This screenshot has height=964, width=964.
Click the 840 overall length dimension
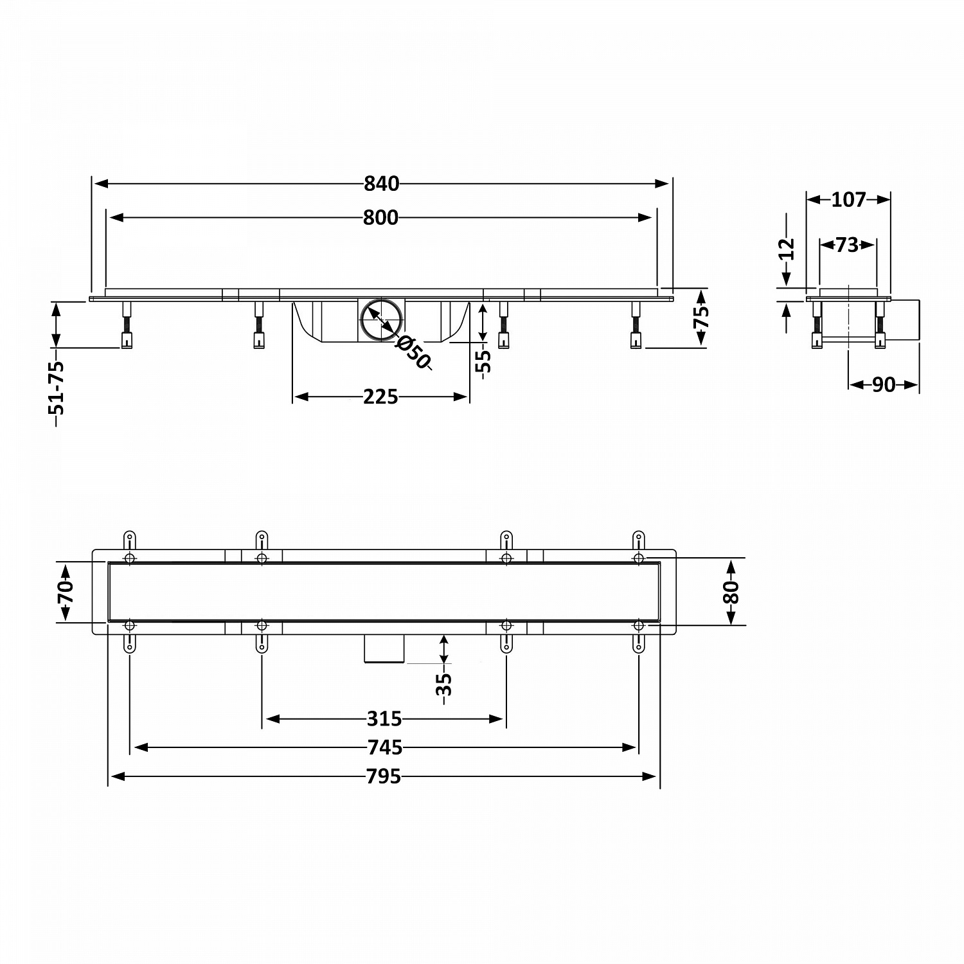382,184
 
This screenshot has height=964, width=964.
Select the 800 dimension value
380,218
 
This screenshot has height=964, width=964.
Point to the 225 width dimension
380,397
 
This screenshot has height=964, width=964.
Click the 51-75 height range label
57,394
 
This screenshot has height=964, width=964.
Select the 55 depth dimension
483,361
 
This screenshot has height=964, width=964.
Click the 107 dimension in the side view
849,200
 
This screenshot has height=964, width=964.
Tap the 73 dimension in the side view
848,245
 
